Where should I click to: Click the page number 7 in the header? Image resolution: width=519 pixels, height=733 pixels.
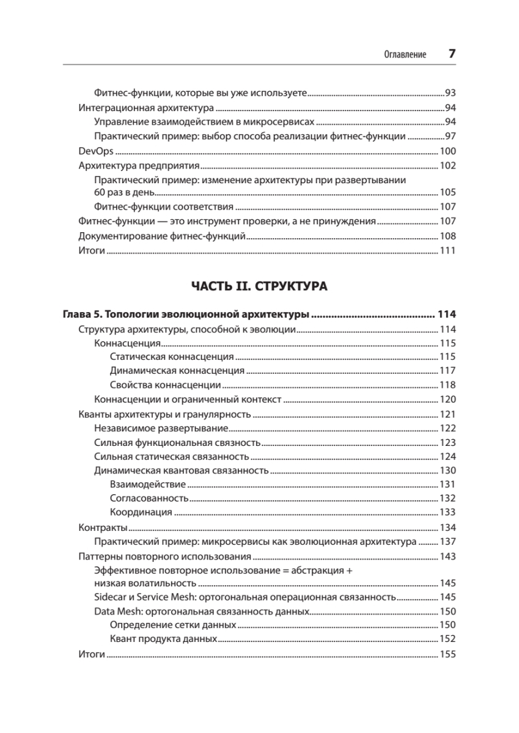[452, 53]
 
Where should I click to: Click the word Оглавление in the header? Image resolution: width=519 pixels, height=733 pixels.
[405, 54]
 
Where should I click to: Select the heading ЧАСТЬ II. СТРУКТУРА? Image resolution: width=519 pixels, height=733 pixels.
[259, 286]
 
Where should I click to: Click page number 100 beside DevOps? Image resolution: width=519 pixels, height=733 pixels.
[448, 151]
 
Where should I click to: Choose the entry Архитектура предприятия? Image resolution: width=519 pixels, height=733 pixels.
[140, 166]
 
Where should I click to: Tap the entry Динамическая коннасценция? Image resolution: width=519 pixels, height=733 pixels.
[177, 371]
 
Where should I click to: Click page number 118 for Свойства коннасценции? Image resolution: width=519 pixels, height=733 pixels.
[448, 385]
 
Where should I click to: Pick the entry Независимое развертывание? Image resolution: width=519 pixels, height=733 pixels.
[161, 428]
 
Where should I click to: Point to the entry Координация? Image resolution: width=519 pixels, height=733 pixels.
[141, 512]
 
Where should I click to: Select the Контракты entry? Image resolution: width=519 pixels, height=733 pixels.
[103, 527]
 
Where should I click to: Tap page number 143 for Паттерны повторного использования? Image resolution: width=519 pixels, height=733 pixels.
[448, 556]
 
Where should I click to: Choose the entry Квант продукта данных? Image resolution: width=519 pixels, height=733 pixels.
[164, 640]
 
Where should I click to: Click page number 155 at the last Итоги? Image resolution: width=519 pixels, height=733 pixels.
[448, 654]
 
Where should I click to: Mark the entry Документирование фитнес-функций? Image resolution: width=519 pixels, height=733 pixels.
[163, 236]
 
